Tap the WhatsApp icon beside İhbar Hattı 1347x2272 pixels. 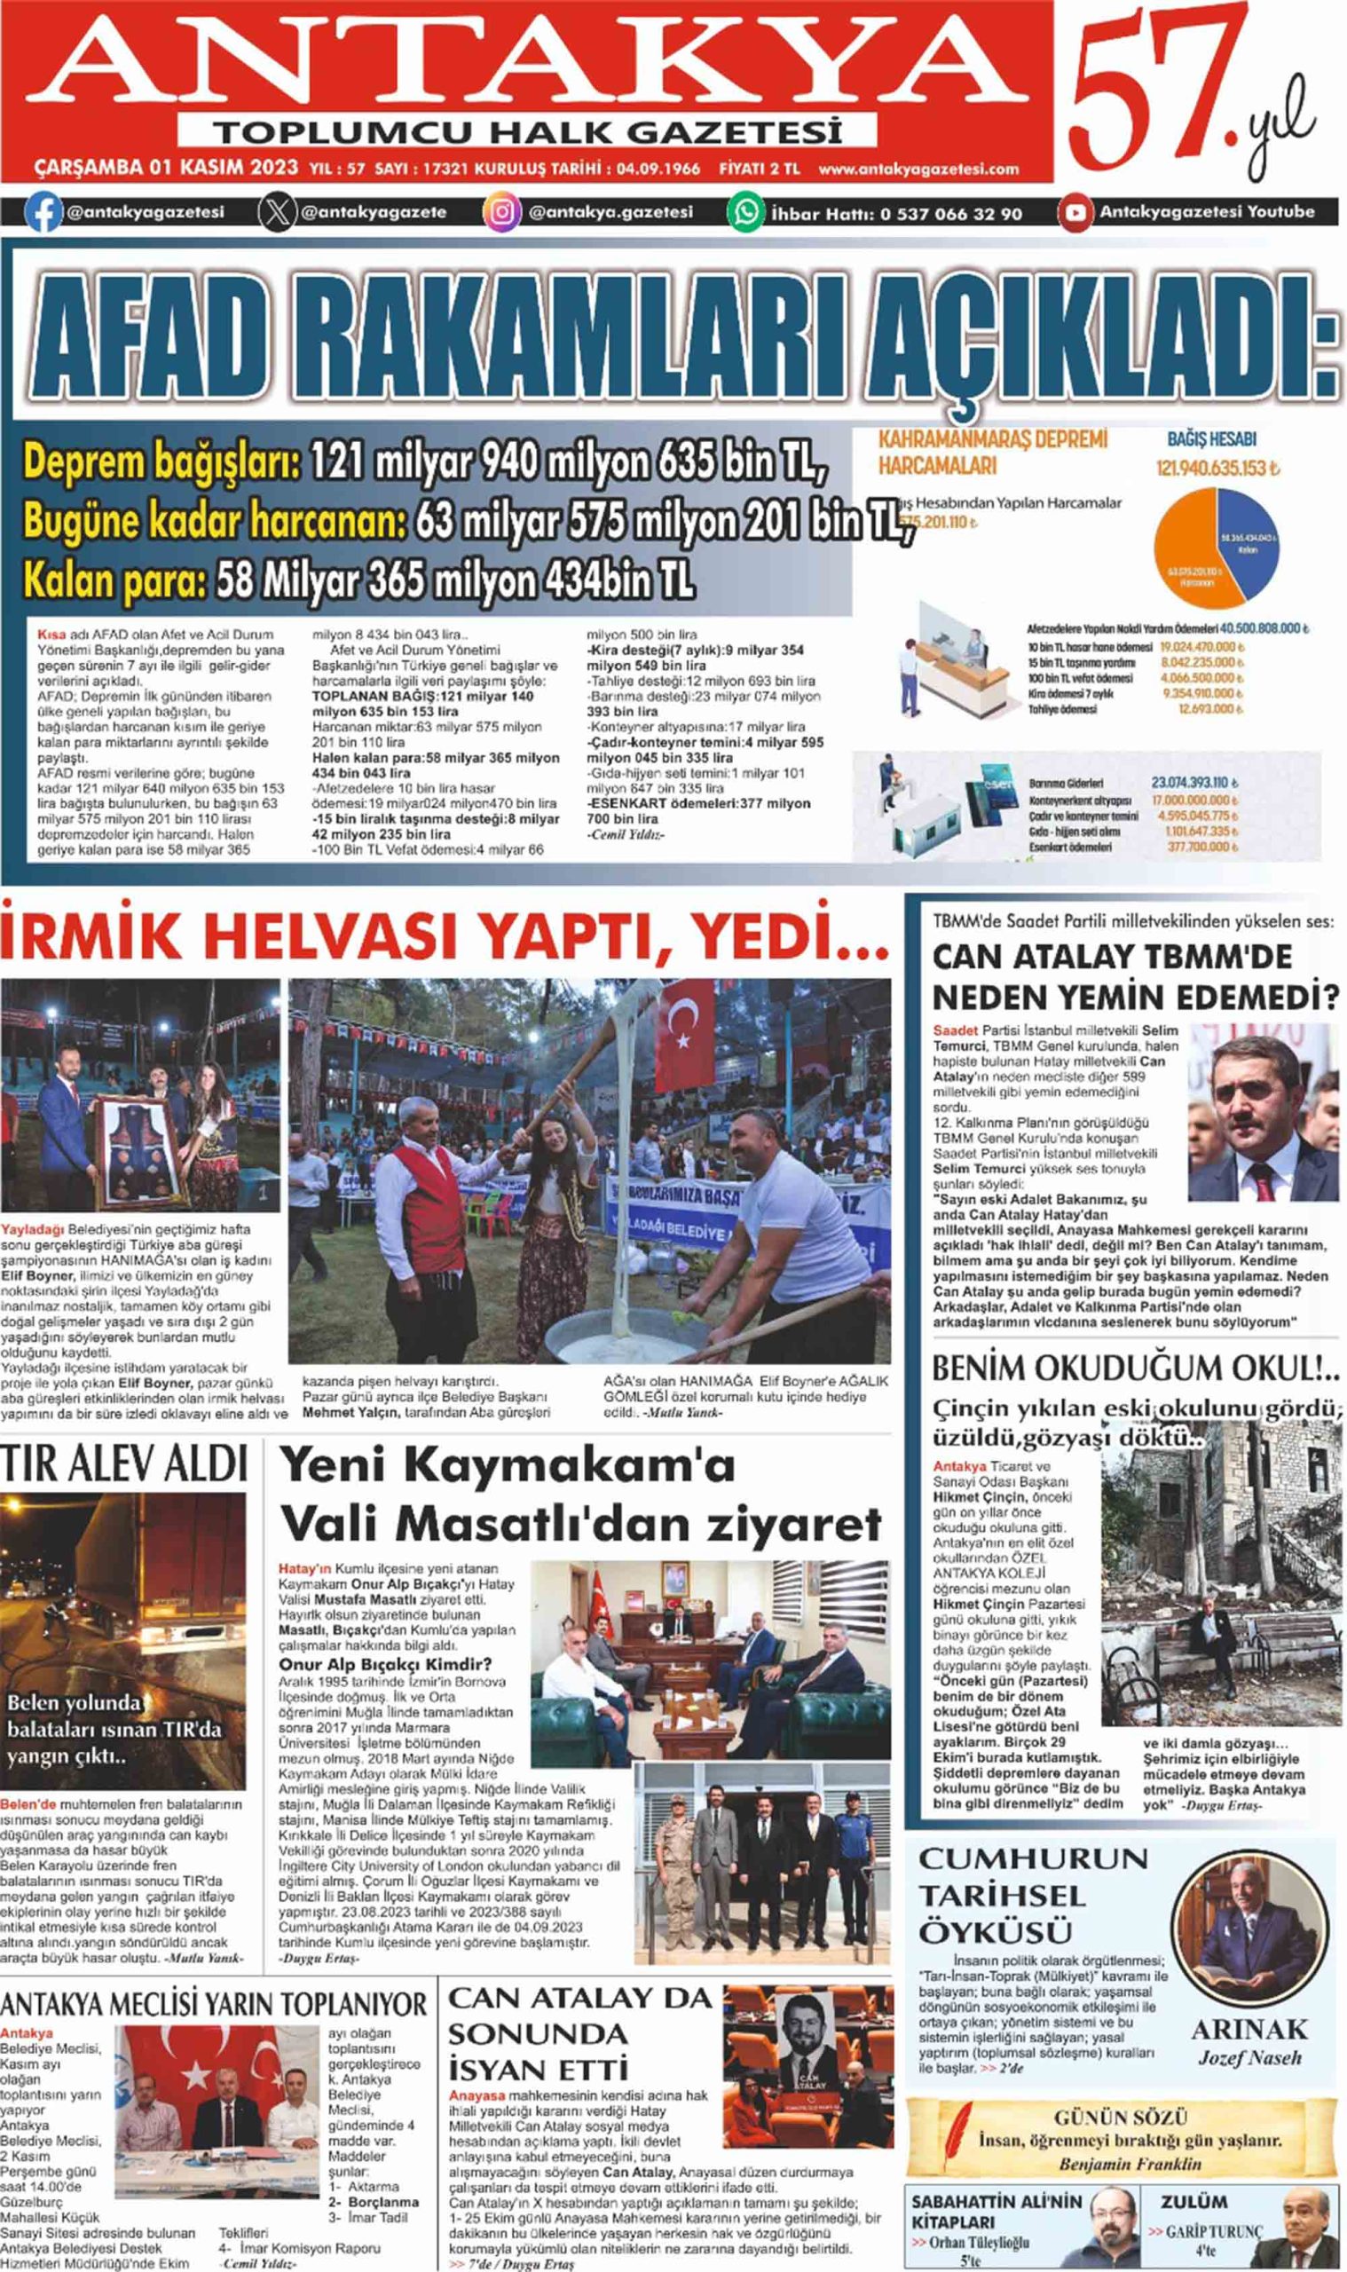pyautogui.click(x=745, y=212)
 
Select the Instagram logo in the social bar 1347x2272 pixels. pyautogui.click(x=501, y=212)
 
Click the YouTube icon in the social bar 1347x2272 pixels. pyautogui.click(x=1075, y=212)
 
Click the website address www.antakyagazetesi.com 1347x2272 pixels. pyautogui.click(x=918, y=169)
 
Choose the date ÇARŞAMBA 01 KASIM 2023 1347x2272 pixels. pyautogui.click(x=166, y=169)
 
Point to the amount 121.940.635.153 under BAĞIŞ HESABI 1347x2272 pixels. pyautogui.click(x=1216, y=469)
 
